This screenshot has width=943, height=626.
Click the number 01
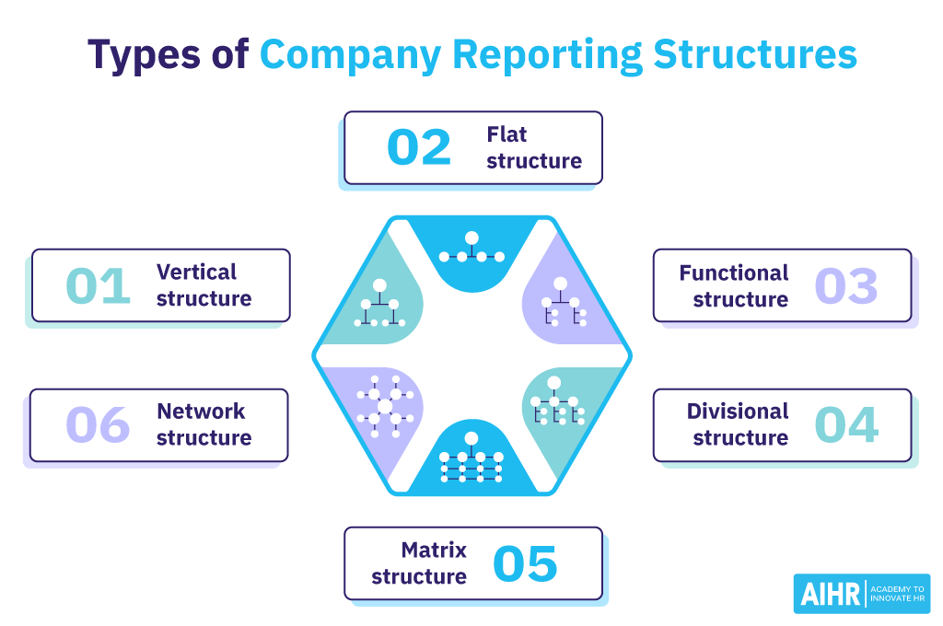coord(99,286)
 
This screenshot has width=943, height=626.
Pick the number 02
coord(419,148)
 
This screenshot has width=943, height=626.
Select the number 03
coord(846,286)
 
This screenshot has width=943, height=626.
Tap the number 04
coord(846,425)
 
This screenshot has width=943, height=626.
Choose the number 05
coord(525,564)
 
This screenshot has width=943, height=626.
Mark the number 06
coord(99,425)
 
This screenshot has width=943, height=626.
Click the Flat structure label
coord(534,148)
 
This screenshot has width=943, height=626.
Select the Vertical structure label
coord(204,285)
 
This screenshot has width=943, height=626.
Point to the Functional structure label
coord(734,286)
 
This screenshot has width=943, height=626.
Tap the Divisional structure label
coord(738,424)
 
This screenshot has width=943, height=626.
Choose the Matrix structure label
coord(420,563)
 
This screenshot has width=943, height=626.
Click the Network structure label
coord(204,424)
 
